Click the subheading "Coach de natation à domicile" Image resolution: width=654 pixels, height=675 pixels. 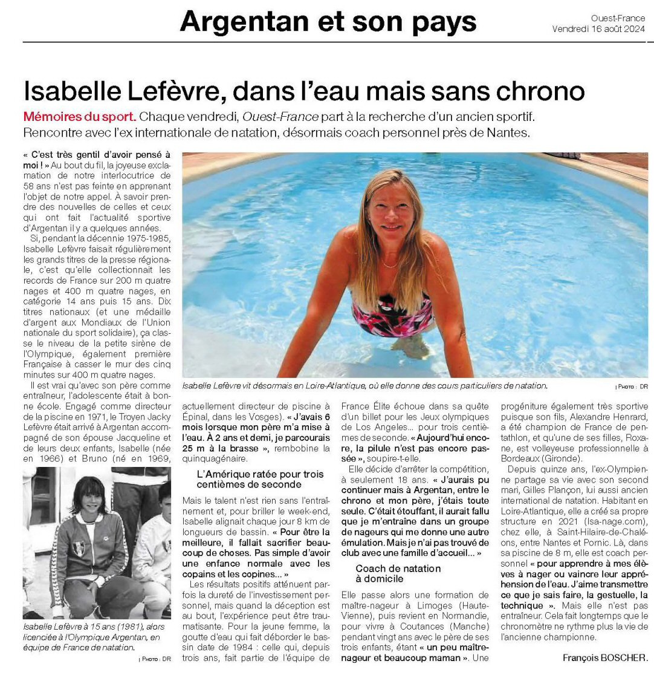[x=398, y=573]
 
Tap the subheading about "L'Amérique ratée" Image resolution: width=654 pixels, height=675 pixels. [x=261, y=479]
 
